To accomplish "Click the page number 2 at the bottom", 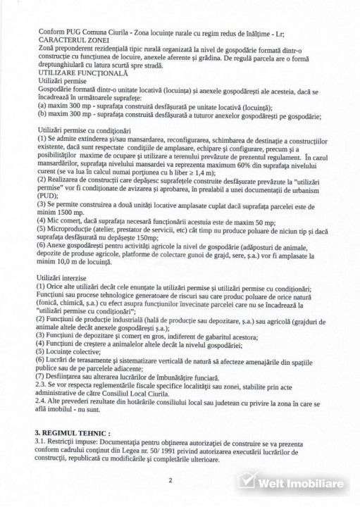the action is [x=170, y=481].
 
